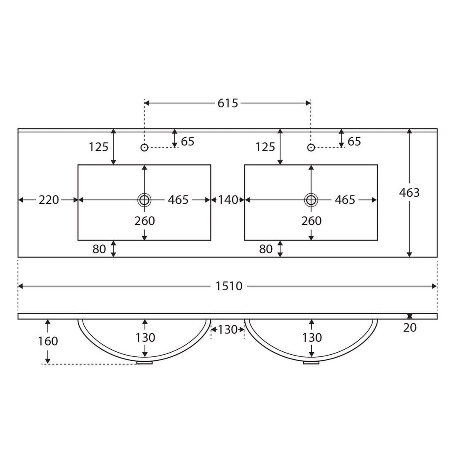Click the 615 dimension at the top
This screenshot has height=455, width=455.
[228, 103]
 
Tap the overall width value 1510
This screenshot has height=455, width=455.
[229, 286]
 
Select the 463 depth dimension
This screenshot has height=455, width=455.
[409, 193]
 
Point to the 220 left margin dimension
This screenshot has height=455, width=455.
[49, 200]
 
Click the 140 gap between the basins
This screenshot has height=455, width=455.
[228, 200]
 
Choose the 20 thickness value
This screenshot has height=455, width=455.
[410, 328]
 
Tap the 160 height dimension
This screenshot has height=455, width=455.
[48, 341]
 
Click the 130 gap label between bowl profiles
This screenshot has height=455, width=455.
[227, 329]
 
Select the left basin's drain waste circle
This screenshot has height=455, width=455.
[144, 200]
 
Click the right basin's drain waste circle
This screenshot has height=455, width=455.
[311, 200]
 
